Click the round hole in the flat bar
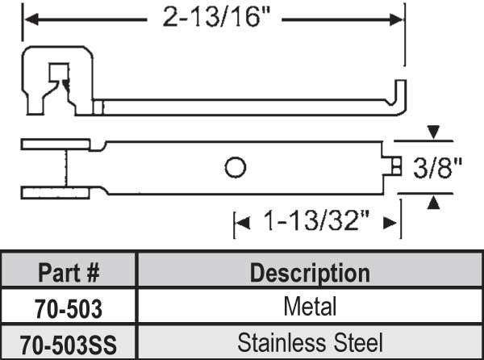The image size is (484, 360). pyautogui.click(x=235, y=167)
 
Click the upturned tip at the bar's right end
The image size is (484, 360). pyautogui.click(x=402, y=95)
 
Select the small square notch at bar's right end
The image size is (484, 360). pyautogui.click(x=393, y=166)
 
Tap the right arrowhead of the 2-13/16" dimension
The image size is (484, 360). pyautogui.click(x=397, y=16)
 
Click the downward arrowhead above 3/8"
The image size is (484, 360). pyautogui.click(x=434, y=132)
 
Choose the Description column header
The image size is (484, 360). pyautogui.click(x=310, y=272)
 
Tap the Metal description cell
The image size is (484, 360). pyautogui.click(x=310, y=308)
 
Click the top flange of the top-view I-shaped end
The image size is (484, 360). pyautogui.click(x=55, y=144)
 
